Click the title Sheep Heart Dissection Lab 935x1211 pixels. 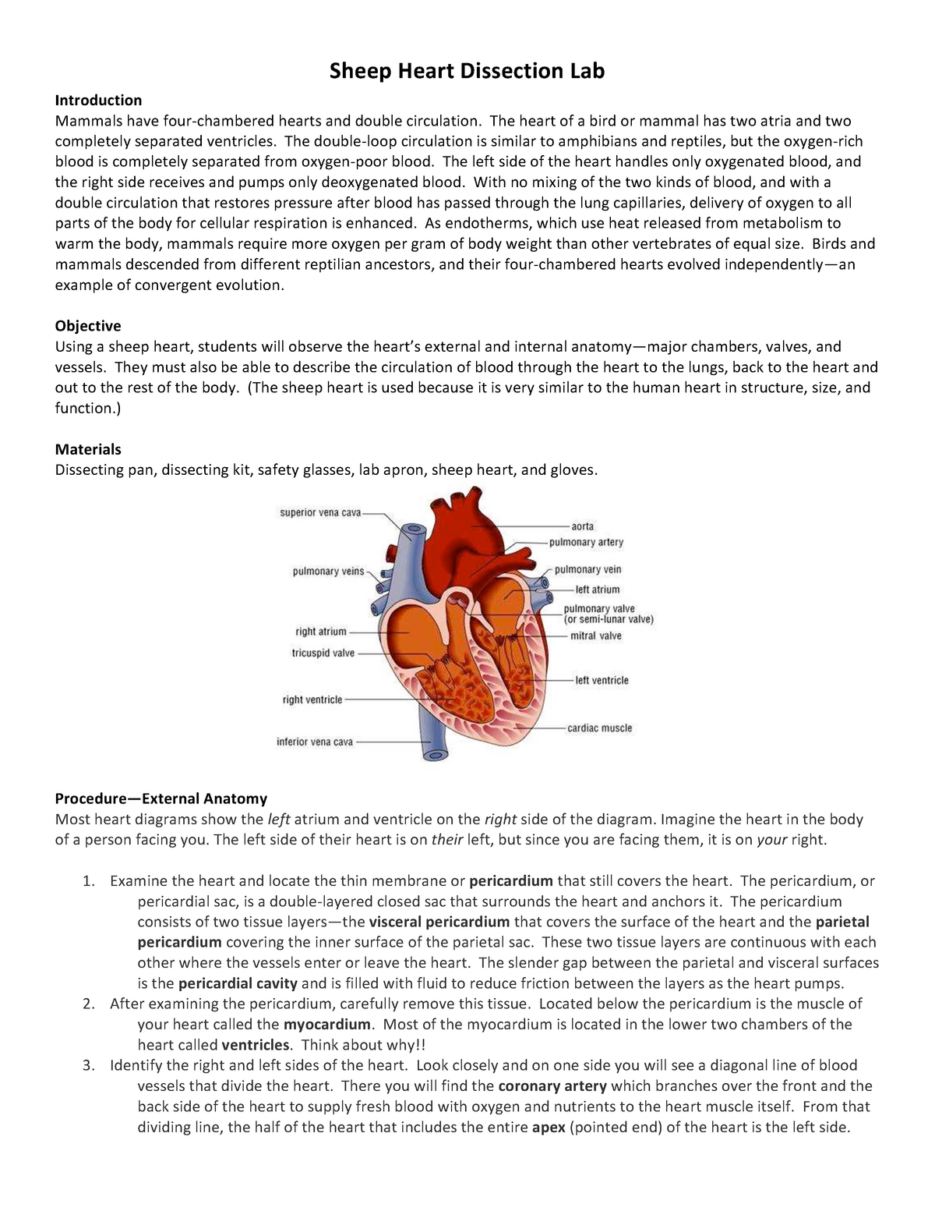coord(467,72)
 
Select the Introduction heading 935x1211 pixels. coord(98,100)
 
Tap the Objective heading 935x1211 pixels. coord(87,325)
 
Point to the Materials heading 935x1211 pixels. coord(88,449)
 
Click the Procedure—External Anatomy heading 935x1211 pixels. coord(161,798)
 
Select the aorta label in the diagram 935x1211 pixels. coord(582,526)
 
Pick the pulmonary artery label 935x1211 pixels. coord(586,542)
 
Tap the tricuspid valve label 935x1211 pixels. coord(323,653)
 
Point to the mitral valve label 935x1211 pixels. coord(596,636)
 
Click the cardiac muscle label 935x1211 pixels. coord(599,728)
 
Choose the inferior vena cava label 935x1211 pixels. coord(315,742)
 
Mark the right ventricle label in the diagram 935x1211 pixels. coord(312,699)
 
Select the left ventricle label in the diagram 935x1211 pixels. coord(602,680)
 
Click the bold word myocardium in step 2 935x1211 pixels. coord(327,1024)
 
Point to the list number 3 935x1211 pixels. coord(88,1065)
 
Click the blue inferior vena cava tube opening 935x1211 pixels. coord(432,753)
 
